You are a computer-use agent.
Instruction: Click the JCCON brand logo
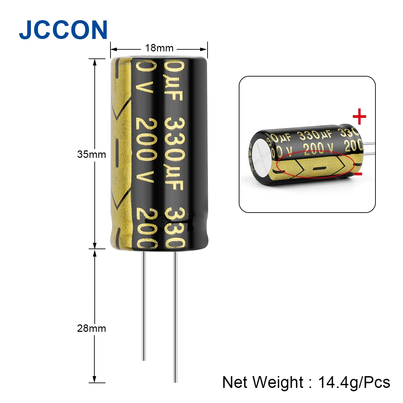63,30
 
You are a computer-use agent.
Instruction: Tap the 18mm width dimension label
159,48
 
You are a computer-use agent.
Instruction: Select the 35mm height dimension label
91,154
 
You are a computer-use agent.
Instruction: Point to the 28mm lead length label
91,328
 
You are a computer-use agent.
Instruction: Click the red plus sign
359,117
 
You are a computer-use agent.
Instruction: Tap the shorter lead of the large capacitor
144,306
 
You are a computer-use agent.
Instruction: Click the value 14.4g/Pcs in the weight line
354,382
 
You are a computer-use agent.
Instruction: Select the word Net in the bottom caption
235,382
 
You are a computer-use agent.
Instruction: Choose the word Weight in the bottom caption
278,382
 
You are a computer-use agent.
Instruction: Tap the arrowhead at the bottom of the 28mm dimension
95,379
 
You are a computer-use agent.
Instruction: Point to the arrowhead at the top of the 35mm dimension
95,62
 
